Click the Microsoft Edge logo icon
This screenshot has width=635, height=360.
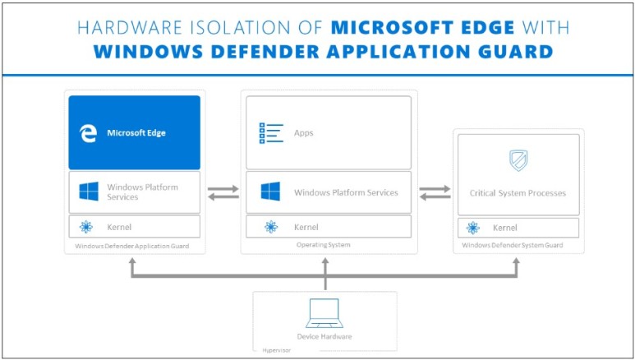88,132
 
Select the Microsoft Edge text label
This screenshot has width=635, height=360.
137,132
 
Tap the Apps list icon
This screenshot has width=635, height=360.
271,132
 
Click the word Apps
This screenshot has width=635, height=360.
303,132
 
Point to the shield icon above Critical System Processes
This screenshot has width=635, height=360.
518,159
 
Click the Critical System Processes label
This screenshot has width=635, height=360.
518,193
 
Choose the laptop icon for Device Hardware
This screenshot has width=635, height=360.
324,313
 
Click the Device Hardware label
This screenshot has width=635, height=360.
324,336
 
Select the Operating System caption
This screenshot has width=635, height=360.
324,245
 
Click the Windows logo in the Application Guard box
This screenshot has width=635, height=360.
89,192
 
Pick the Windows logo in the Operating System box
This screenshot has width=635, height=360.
271,192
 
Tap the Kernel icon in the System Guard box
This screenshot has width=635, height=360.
472,228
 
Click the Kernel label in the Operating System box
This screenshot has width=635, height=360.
306,227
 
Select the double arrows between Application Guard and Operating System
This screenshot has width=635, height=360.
222,192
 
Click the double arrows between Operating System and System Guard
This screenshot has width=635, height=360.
435,192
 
